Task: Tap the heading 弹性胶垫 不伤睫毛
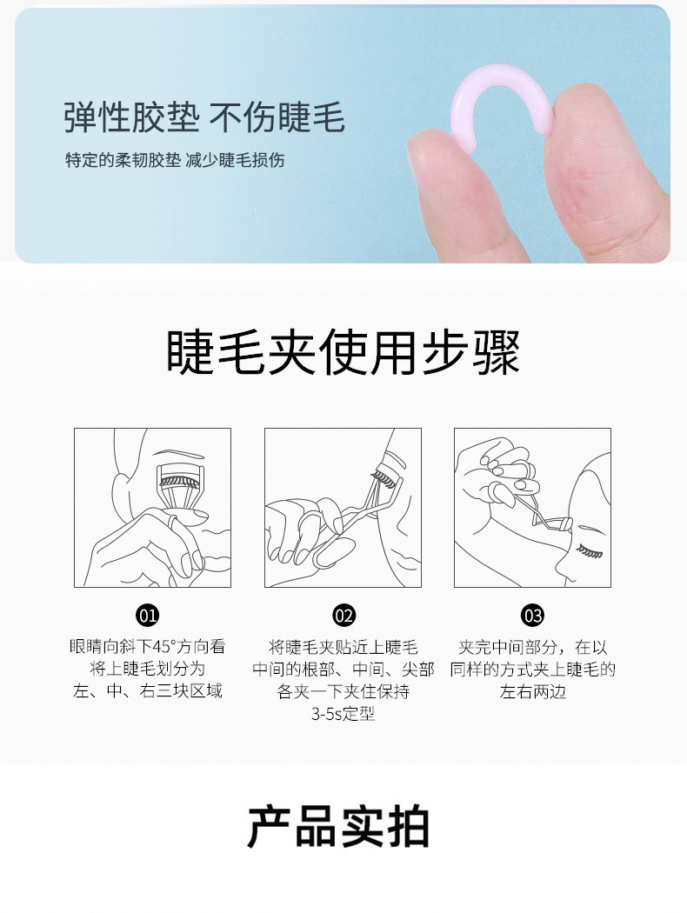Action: tap(204, 117)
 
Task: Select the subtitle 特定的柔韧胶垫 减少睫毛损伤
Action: tap(175, 160)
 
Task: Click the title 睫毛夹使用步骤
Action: tap(343, 352)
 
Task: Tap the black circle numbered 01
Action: tap(147, 616)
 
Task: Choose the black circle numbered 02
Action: tap(343, 616)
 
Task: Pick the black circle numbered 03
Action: tap(533, 616)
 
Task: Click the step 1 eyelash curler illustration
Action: tap(152, 508)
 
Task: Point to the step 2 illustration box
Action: tap(343, 508)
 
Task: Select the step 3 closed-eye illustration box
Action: tap(533, 508)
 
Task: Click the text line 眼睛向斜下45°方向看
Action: tap(147, 646)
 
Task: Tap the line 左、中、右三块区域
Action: tap(147, 691)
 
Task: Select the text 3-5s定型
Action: tap(343, 714)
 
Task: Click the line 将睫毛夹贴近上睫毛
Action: tap(343, 647)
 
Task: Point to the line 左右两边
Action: tap(533, 692)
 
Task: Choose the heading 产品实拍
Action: tap(339, 827)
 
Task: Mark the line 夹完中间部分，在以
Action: tap(533, 647)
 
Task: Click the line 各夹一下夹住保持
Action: tap(343, 692)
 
